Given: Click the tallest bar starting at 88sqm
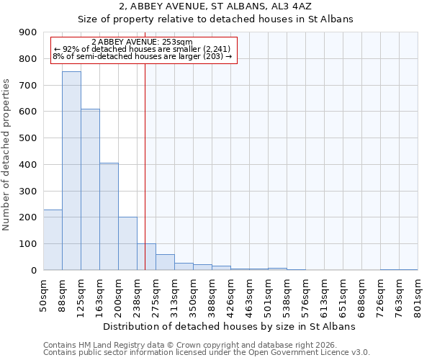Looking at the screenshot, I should point(71,171).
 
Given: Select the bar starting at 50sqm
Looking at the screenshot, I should point(53,240).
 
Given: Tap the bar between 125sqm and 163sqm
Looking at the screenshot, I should point(90,189).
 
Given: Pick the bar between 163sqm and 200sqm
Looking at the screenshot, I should point(109,216).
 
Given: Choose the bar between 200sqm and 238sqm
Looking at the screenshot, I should point(127,243).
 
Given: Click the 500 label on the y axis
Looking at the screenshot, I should point(28,138).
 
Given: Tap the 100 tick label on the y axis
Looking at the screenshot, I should point(28,244).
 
